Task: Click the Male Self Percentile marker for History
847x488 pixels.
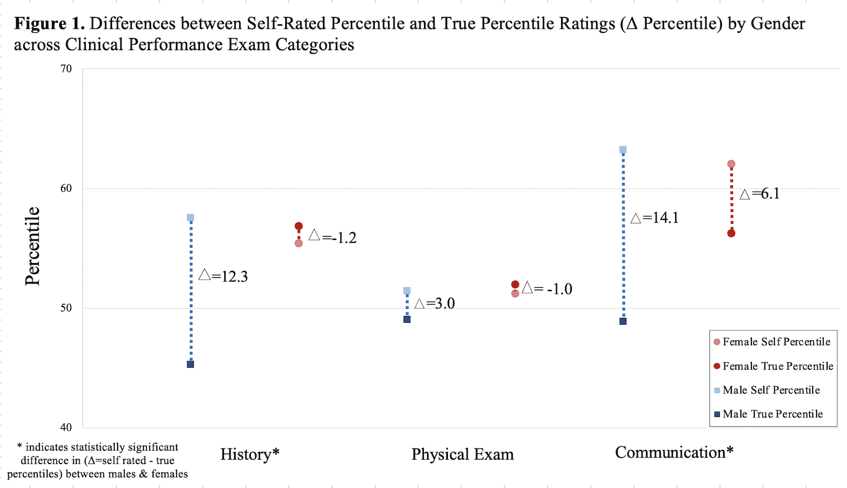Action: (x=190, y=217)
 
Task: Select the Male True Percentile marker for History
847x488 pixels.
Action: (x=190, y=364)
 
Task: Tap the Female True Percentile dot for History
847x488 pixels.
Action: (x=298, y=226)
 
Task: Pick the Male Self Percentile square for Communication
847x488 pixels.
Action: (x=623, y=150)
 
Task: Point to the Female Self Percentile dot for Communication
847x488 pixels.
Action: (x=731, y=164)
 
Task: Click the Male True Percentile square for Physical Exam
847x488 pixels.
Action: (x=407, y=319)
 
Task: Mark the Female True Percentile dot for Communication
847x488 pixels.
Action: (x=731, y=233)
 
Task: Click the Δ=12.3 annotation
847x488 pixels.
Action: (x=223, y=276)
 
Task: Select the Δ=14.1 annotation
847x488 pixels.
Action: (x=654, y=218)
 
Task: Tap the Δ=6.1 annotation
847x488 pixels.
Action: (x=759, y=194)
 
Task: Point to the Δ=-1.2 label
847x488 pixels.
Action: (x=332, y=237)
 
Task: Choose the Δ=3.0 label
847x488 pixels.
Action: (x=434, y=303)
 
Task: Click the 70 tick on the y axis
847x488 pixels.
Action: (x=66, y=69)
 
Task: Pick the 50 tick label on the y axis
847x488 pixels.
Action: (x=66, y=308)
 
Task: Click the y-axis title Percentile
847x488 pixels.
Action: (x=33, y=246)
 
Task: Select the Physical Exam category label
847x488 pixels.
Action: (x=462, y=454)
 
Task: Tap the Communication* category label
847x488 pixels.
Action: (x=674, y=452)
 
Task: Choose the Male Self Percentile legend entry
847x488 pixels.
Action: (x=771, y=390)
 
